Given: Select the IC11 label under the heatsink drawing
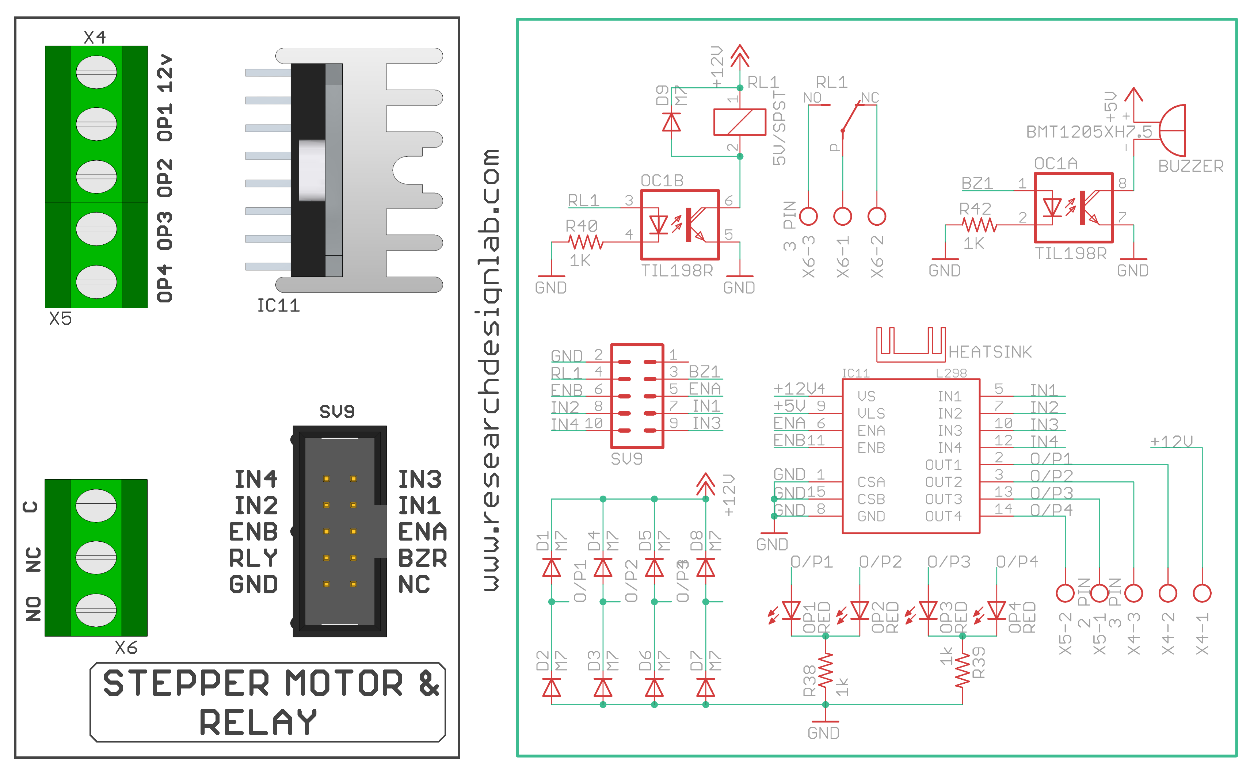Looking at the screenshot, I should [x=278, y=305].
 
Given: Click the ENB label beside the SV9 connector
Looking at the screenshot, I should [x=253, y=532].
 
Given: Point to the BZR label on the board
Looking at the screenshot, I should [x=422, y=558].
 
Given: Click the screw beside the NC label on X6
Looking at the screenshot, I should [x=96, y=557].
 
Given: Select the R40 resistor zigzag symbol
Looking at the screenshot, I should [x=586, y=243].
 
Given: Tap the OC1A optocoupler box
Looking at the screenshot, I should [x=1073, y=207].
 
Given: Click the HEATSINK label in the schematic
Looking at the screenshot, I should [x=989, y=352].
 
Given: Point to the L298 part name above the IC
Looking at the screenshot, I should [x=951, y=373].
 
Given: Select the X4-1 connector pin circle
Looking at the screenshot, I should [x=1201, y=593].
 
